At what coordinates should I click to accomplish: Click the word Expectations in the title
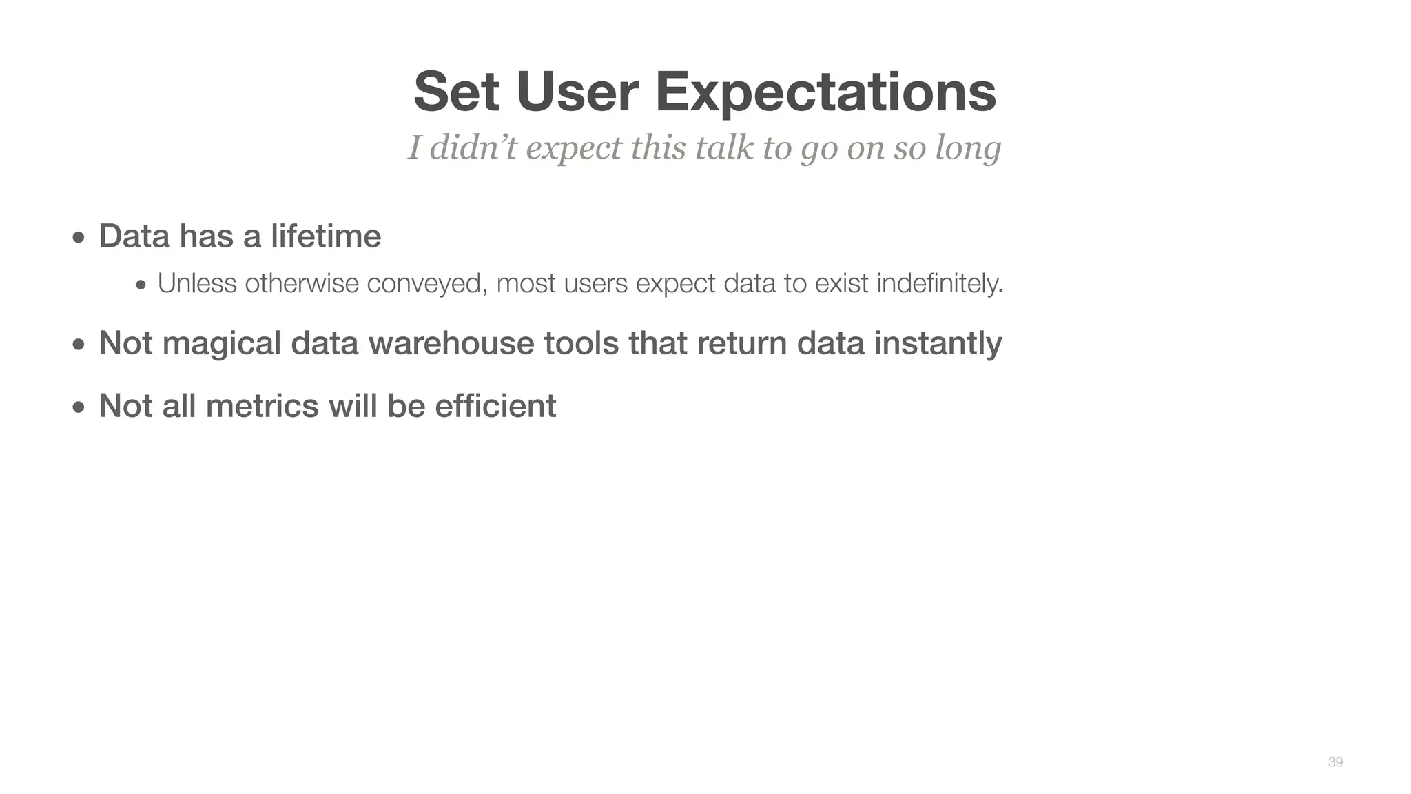[825, 92]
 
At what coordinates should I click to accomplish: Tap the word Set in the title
[456, 92]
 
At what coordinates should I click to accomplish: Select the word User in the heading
[577, 92]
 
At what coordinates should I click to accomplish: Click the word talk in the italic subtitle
[724, 147]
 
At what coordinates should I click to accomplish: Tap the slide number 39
[1335, 762]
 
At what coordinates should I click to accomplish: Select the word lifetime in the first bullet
[325, 236]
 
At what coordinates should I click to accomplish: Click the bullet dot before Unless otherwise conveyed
[141, 285]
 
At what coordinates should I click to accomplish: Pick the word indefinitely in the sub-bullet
[939, 283]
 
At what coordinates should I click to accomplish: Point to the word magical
[221, 343]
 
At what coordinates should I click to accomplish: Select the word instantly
[938, 343]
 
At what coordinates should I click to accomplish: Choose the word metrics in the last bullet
[262, 405]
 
